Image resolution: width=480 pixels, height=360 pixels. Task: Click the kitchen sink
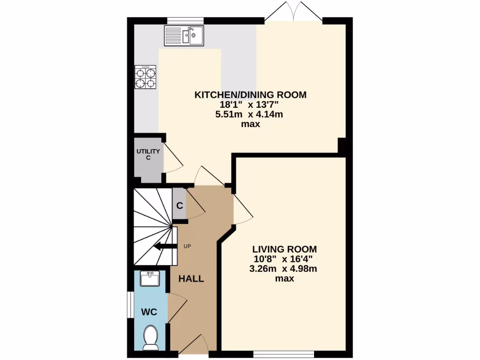184,36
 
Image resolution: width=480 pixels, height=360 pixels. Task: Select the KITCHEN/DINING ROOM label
250,95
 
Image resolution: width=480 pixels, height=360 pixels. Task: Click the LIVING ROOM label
284,249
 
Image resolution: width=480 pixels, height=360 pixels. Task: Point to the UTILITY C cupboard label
148,155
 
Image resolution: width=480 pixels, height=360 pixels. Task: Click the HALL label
191,279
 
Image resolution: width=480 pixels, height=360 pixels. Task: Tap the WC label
150,312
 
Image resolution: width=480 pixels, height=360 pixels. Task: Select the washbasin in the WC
150,278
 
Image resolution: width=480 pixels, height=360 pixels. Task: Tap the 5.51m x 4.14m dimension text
250,114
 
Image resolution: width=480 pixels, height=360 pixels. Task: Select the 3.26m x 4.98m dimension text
284,269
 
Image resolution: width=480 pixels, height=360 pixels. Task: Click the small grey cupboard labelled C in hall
180,205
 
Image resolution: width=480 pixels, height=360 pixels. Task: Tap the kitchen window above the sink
186,20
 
